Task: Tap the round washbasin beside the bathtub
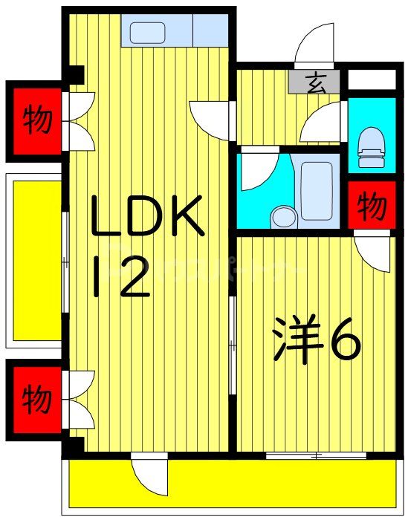(x=283, y=217)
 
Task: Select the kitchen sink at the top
(x=147, y=33)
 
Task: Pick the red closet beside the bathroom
(x=372, y=207)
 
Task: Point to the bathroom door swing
(x=259, y=170)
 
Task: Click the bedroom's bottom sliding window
(x=312, y=455)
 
